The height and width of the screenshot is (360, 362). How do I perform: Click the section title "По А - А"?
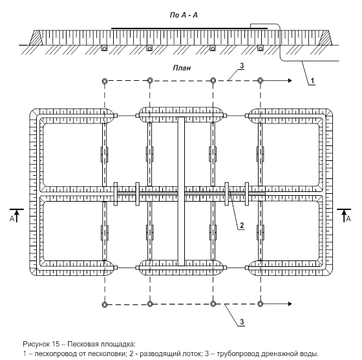click(x=184, y=16)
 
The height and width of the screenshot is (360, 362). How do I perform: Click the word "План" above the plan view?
click(x=182, y=68)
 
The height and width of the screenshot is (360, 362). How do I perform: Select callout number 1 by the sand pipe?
click(x=312, y=81)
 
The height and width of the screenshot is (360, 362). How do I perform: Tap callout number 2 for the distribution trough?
click(x=242, y=226)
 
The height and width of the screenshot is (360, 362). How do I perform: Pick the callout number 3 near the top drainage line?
click(x=242, y=66)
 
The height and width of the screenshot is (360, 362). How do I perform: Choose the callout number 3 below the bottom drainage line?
click(x=242, y=322)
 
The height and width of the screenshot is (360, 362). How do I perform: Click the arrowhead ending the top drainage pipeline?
click(x=290, y=81)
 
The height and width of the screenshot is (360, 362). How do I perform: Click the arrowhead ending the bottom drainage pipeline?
click(x=290, y=304)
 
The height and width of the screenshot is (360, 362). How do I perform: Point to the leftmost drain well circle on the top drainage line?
click(x=105, y=81)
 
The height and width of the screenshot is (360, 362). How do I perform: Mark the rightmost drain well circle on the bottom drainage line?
click(x=261, y=304)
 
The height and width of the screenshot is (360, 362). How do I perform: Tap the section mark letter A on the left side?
click(x=12, y=218)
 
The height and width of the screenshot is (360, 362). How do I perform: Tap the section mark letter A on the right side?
click(x=348, y=218)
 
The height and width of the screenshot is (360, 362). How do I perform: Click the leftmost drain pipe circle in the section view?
click(x=105, y=48)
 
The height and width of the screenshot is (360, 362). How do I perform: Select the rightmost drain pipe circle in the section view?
click(x=261, y=48)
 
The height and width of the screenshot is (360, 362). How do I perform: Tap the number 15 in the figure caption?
click(x=56, y=344)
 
